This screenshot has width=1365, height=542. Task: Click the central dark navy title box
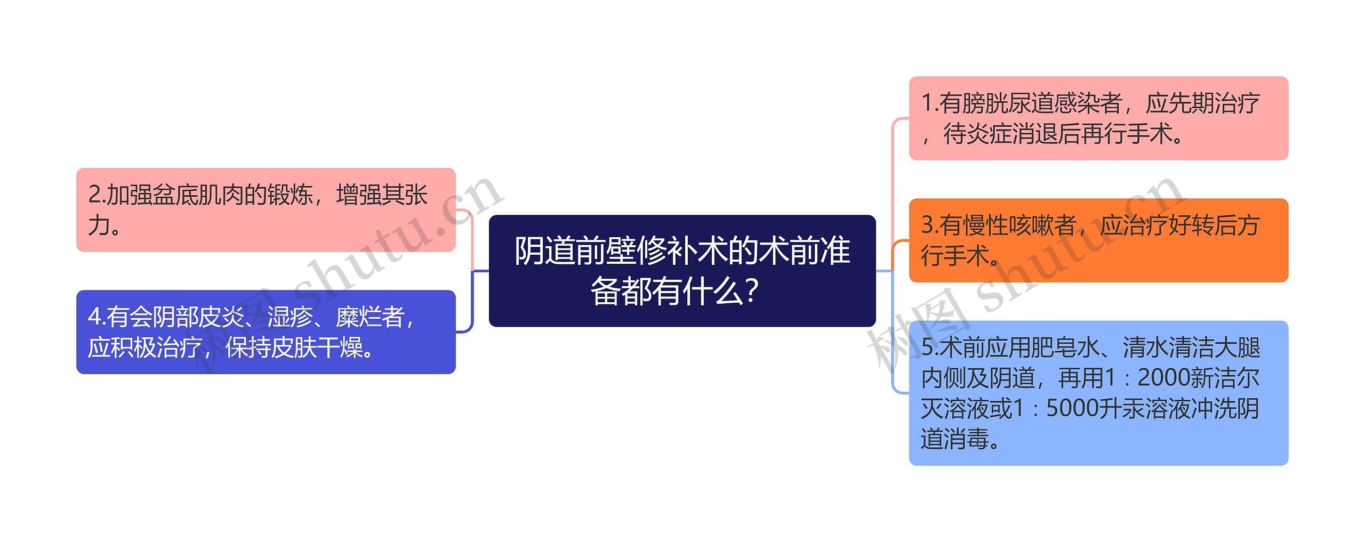click(682, 271)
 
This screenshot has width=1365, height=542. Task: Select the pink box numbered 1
click(1098, 118)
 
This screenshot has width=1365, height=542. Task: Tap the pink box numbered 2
click(266, 209)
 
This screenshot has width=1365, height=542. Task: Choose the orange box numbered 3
click(1098, 240)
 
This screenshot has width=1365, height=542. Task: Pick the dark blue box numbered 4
click(266, 331)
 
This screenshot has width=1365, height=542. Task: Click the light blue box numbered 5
click(1098, 393)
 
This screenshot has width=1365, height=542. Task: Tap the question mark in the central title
click(750, 292)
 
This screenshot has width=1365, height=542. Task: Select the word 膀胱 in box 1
click(985, 103)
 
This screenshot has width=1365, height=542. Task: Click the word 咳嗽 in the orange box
click(1053, 225)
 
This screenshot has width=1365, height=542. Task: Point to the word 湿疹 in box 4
click(290, 317)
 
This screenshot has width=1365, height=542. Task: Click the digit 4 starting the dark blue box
click(94, 317)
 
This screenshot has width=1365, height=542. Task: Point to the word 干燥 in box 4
click(340, 347)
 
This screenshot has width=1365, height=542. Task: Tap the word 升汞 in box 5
click(1122, 409)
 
